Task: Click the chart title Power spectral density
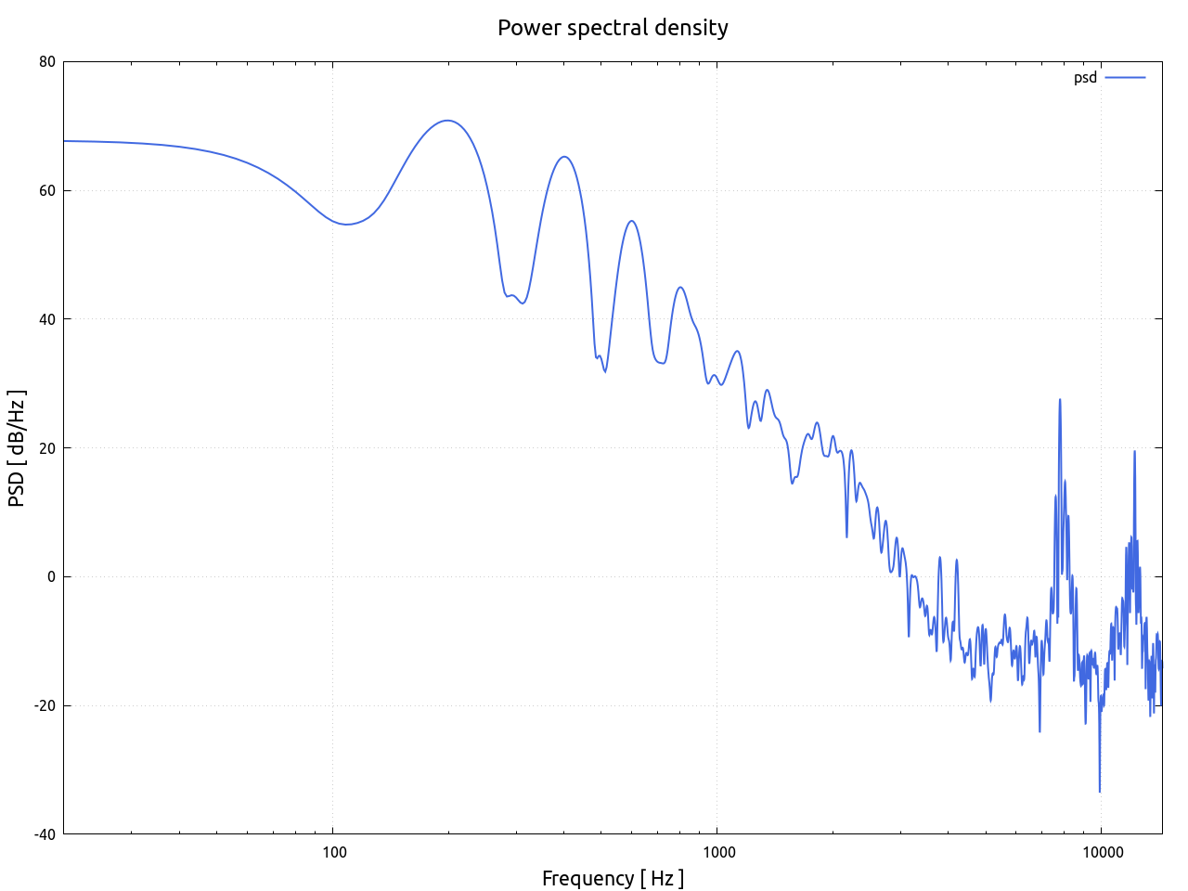point(613,28)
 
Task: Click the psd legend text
point(1085,78)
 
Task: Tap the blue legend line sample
point(1125,78)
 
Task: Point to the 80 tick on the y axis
point(46,62)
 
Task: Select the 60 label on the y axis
point(46,191)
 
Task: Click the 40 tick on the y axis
point(46,319)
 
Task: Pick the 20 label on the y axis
point(46,448)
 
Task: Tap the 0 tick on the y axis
point(51,576)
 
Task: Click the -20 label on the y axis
point(45,705)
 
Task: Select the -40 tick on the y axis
point(45,833)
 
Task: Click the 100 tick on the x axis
point(334,852)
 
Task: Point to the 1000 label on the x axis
point(717,852)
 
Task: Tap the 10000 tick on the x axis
point(1100,852)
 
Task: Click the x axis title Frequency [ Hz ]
point(613,878)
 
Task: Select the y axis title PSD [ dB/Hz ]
point(17,448)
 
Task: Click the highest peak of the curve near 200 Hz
point(447,121)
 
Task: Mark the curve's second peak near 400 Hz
point(564,157)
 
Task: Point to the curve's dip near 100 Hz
point(346,224)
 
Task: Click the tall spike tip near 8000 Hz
point(1060,399)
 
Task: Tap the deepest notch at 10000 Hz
point(1100,791)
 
